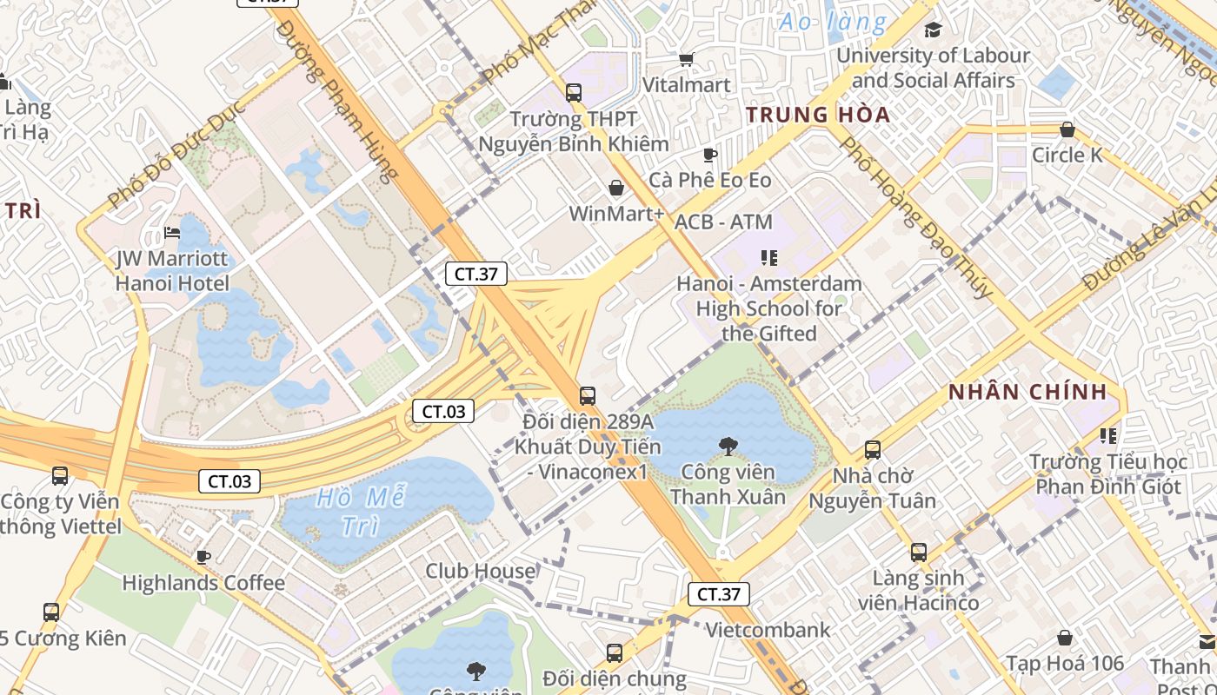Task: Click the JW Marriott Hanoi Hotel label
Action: click(172, 271)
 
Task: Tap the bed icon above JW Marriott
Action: click(172, 233)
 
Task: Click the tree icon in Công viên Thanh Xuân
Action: click(728, 447)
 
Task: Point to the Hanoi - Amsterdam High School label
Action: click(769, 308)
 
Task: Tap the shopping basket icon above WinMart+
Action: click(616, 188)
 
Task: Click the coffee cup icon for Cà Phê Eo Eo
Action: click(710, 156)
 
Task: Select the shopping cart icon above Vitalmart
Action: click(686, 59)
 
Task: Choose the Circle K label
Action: click(1067, 156)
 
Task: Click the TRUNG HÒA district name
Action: click(818, 115)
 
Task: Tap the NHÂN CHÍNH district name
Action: click(1027, 392)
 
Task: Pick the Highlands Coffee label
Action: click(203, 583)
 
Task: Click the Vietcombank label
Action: click(768, 630)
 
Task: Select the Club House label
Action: click(480, 571)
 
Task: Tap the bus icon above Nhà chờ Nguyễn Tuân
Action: click(873, 450)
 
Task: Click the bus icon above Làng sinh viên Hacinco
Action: click(919, 552)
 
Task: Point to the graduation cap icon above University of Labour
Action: click(933, 30)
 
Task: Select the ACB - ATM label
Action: click(723, 222)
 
